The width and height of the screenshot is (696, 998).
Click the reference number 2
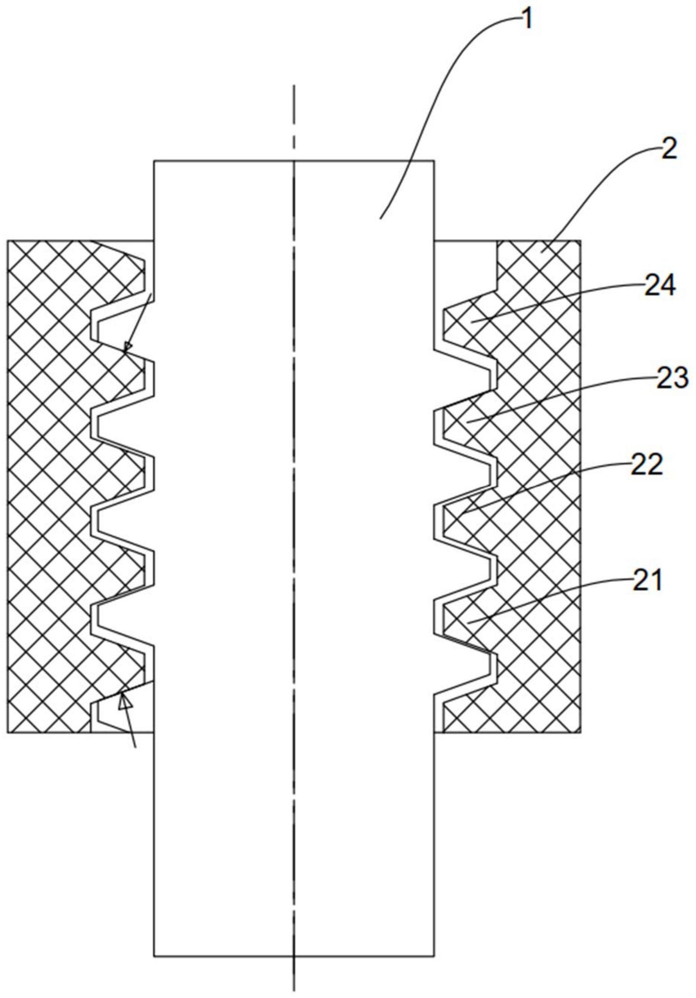[669, 150]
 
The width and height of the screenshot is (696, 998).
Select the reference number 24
[660, 286]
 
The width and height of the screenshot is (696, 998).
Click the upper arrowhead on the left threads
[127, 347]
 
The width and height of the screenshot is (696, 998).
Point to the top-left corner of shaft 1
[154, 161]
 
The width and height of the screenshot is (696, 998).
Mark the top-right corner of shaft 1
[434, 161]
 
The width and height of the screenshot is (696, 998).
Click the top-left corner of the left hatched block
[8, 241]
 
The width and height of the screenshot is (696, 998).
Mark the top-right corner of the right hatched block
[580, 241]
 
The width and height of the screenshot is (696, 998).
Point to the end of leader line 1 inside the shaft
[380, 219]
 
